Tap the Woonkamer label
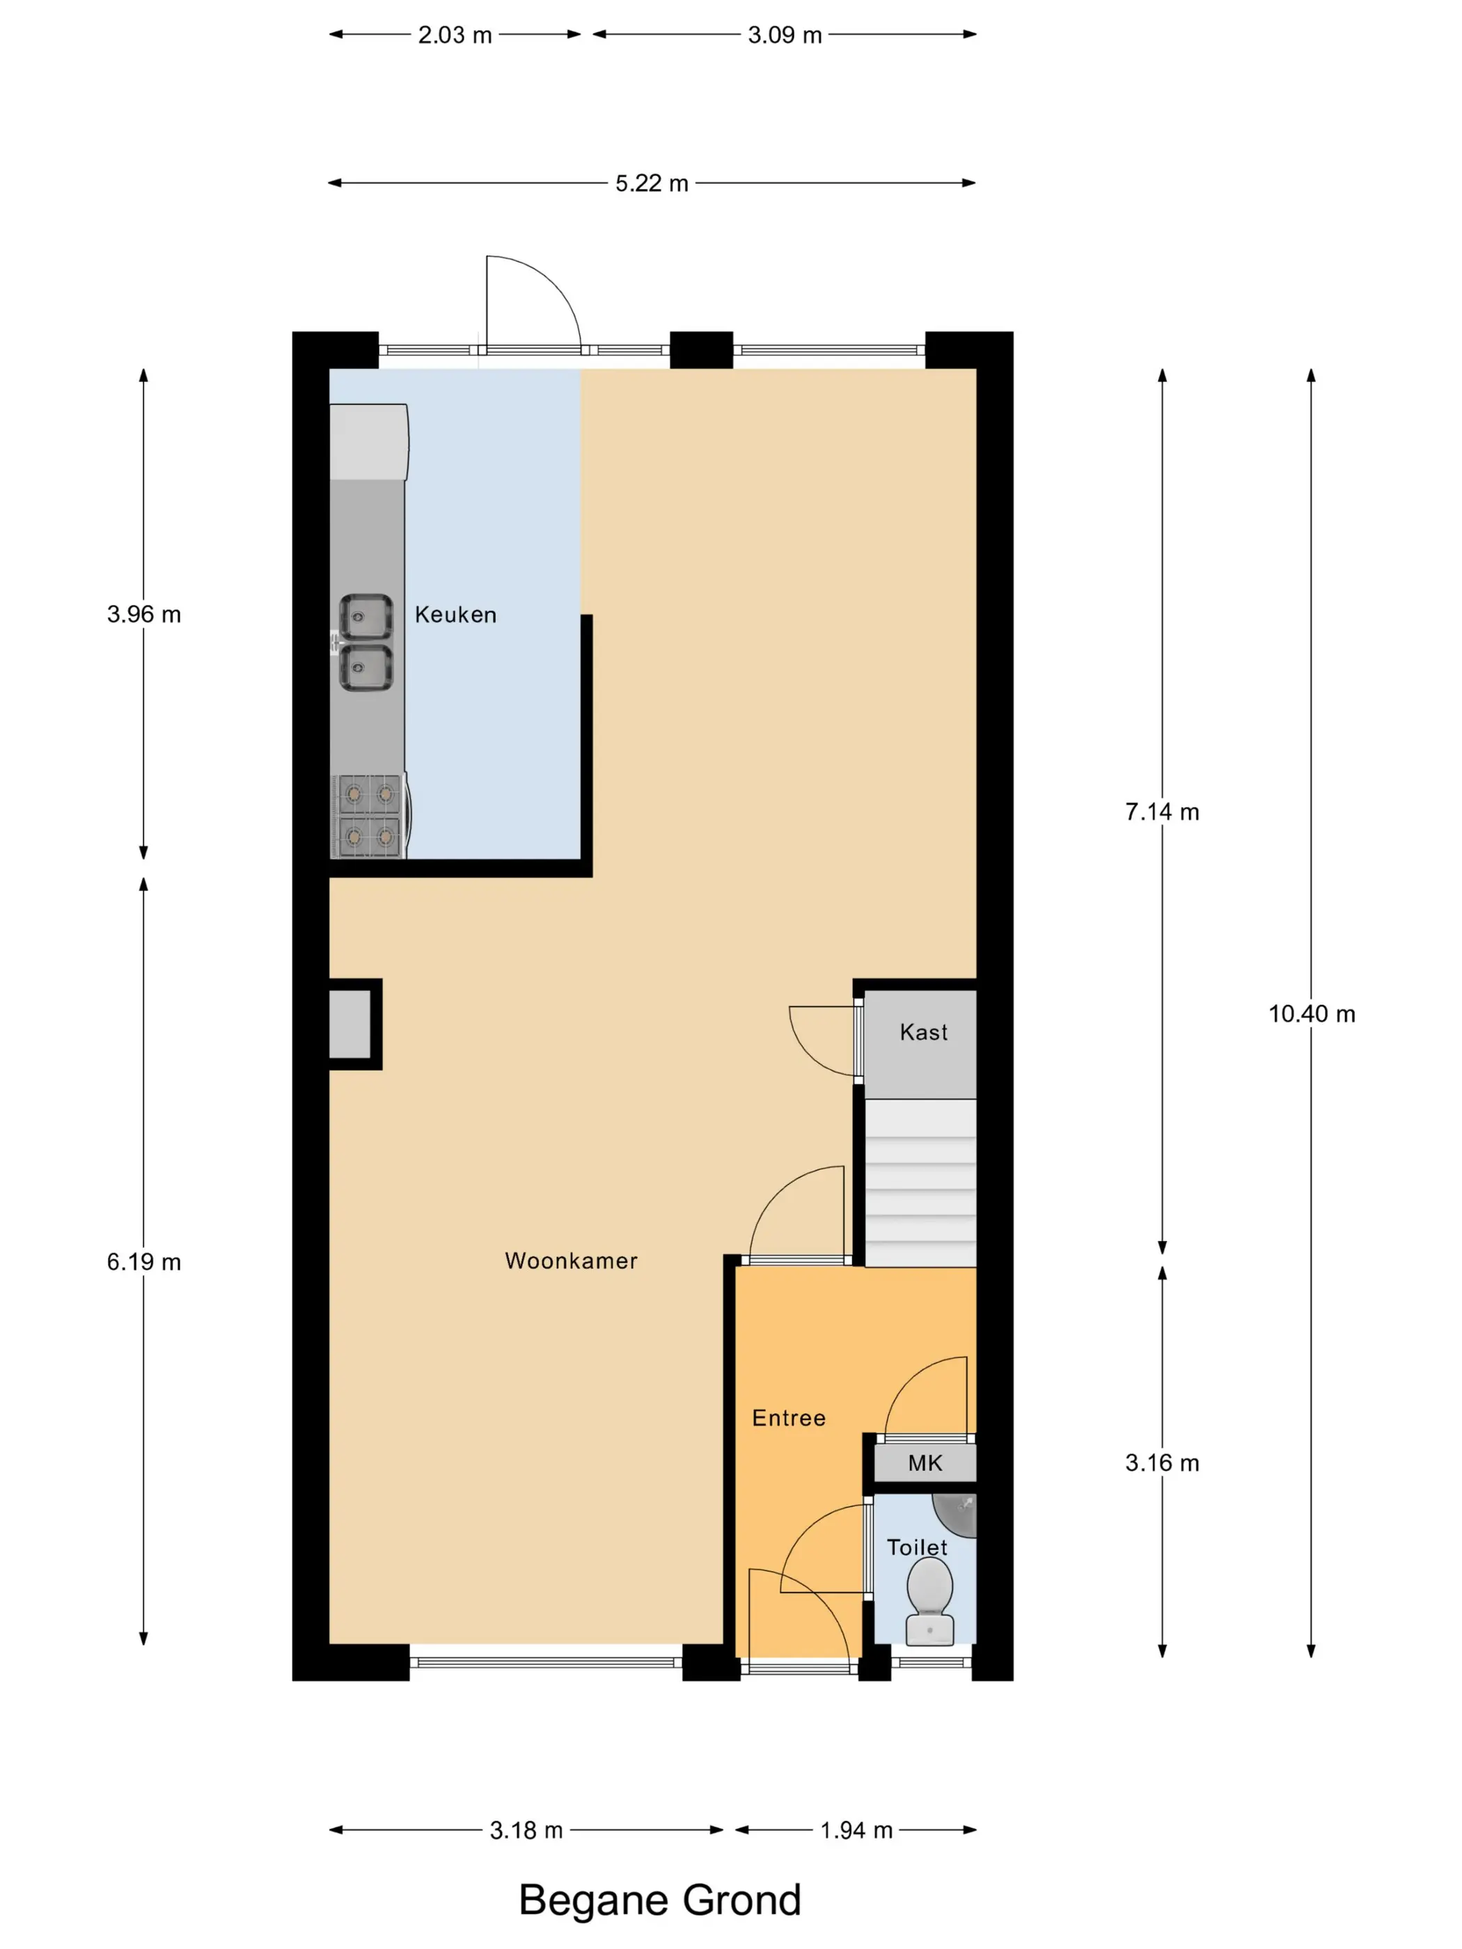click(x=571, y=1260)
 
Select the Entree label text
click(x=789, y=1418)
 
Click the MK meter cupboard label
click(x=925, y=1462)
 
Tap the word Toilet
click(x=916, y=1547)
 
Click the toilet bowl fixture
click(x=929, y=1601)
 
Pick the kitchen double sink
click(x=365, y=642)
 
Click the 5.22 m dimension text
click(x=651, y=183)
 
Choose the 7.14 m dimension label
click(x=1161, y=812)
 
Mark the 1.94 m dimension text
click(x=856, y=1830)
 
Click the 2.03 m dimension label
click(x=455, y=35)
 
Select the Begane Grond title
click(x=659, y=1900)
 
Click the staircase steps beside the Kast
click(x=920, y=1183)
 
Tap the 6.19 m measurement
click(x=143, y=1262)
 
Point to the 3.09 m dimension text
click(x=785, y=35)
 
